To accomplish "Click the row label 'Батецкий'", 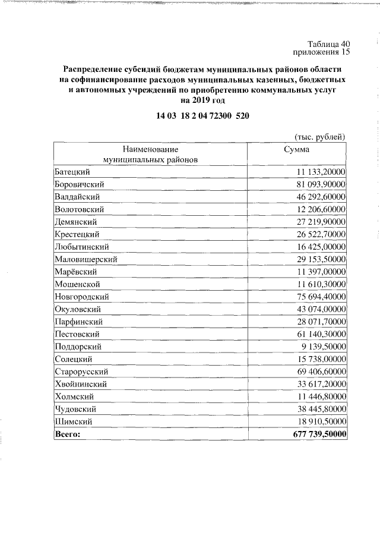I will point(72,171).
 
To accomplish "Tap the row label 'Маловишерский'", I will point(85,259).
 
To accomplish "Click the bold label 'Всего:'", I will point(66,435).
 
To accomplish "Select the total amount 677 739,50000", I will point(319,435).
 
